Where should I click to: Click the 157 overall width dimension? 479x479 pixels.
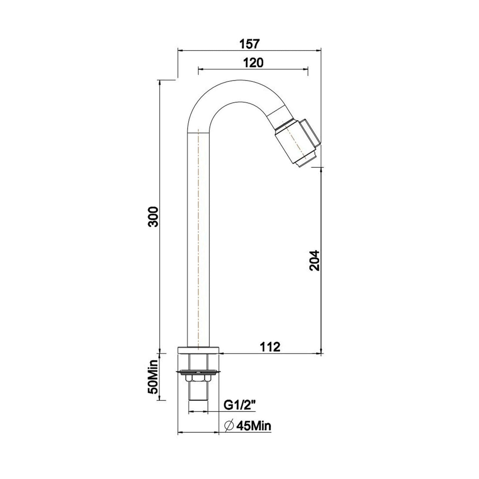(x=250, y=44)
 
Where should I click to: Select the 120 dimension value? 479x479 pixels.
(x=253, y=63)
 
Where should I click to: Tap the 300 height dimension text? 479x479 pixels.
(x=153, y=216)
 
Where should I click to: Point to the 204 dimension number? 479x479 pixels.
(x=314, y=260)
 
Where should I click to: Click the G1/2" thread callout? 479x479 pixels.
(x=240, y=405)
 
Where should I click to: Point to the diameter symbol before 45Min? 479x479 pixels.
(x=230, y=425)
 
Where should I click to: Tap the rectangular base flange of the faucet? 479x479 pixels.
(x=199, y=350)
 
